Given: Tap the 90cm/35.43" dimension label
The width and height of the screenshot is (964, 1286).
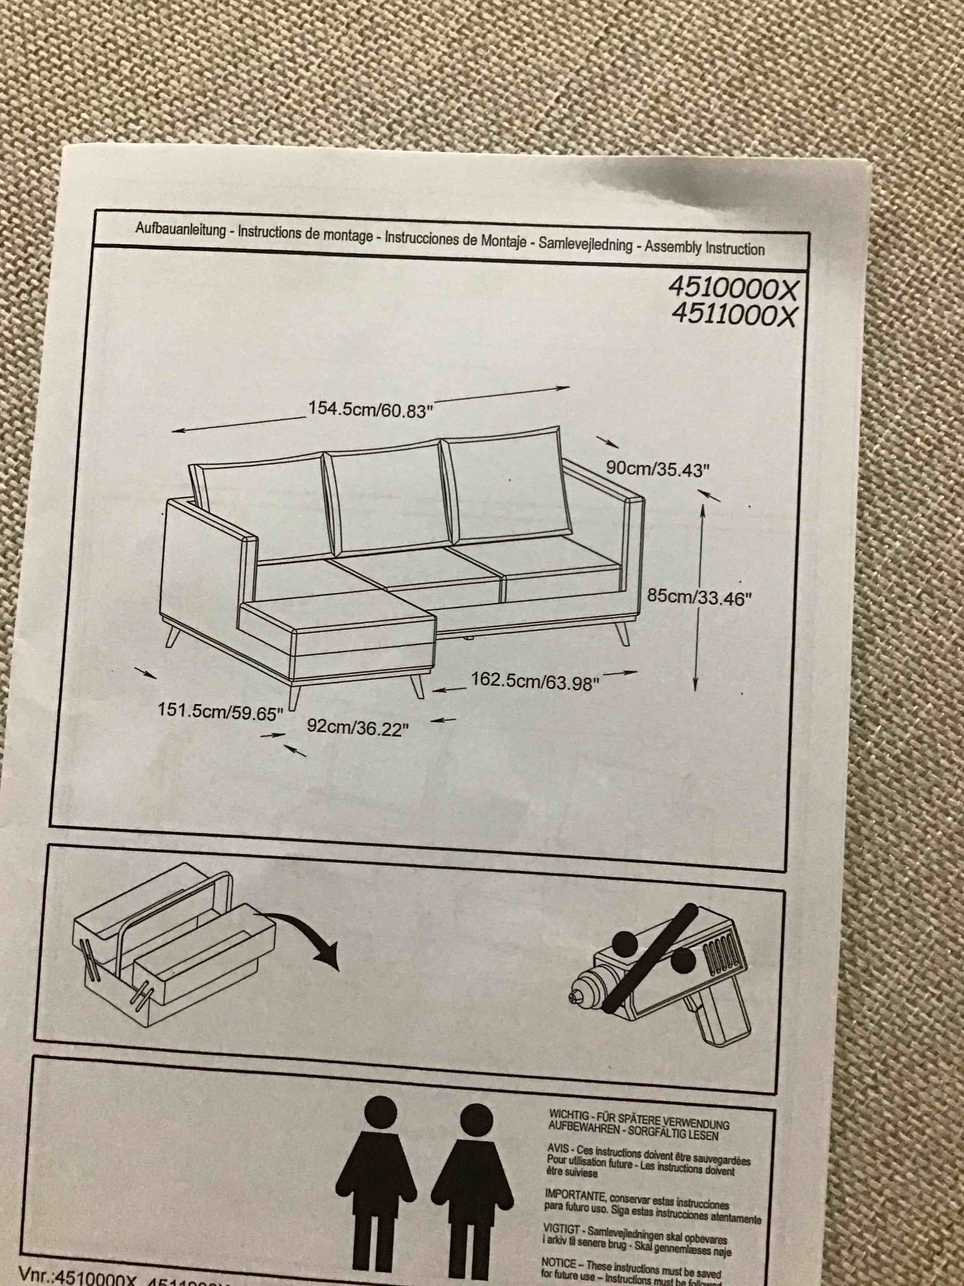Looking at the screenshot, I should coord(657,468).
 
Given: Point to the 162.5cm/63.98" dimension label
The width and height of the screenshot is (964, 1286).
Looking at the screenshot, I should coord(534,681).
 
